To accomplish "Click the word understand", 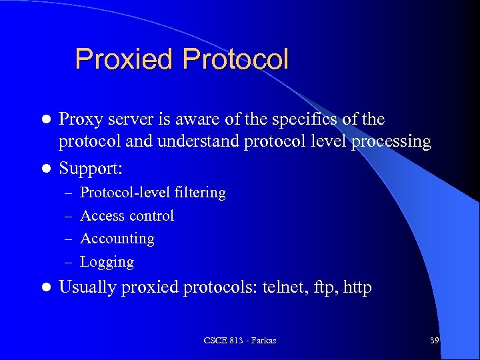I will click(x=199, y=141).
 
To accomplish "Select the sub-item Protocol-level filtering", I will click(x=153, y=193).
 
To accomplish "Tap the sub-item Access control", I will click(x=127, y=215).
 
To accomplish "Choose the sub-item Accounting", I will click(x=117, y=238).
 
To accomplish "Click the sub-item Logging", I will click(x=107, y=262).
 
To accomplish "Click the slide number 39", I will click(x=434, y=341).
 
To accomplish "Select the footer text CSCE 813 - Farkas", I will click(x=239, y=341).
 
